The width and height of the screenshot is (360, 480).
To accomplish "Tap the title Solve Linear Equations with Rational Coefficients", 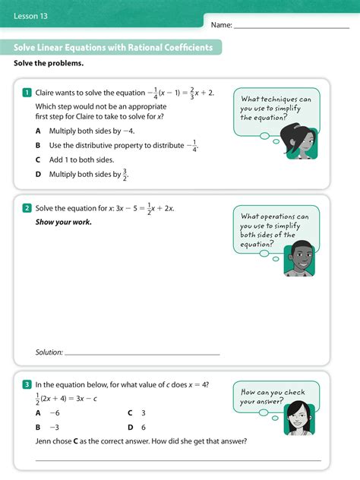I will (113, 48).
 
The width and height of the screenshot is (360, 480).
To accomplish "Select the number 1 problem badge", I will (27, 93).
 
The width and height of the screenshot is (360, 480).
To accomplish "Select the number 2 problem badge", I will (27, 208).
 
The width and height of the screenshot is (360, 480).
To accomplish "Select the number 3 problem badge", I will (27, 385).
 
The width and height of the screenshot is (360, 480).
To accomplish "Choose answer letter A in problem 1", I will (38, 131).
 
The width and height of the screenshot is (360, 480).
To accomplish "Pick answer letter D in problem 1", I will (38, 175).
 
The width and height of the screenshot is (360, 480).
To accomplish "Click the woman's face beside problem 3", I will (297, 415).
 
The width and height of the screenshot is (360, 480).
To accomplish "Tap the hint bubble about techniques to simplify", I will (276, 109).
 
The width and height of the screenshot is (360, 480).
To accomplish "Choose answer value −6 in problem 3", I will (54, 413).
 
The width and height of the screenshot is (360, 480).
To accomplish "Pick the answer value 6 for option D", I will (144, 428).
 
